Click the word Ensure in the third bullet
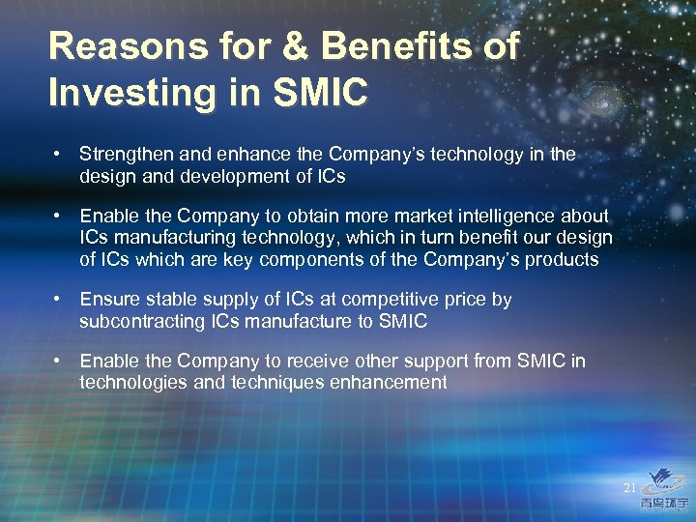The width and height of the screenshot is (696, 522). [107, 300]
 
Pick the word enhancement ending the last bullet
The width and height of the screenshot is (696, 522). [391, 383]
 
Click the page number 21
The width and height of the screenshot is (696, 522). [629, 488]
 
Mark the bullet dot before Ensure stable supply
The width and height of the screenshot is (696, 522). [59, 300]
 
